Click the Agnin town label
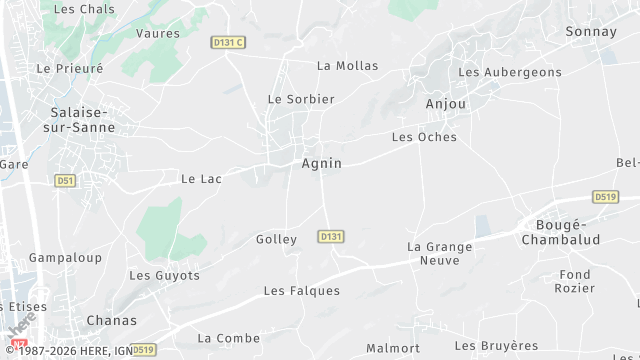322,162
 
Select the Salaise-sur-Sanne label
82,120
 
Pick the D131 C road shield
228,41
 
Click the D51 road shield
65,181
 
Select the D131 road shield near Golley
331,236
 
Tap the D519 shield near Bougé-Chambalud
604,197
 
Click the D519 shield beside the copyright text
144,350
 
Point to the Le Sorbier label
301,99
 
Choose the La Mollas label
348,66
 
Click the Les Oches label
424,137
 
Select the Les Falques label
301,291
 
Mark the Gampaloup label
65,257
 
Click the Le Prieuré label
70,69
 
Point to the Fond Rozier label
575,281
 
